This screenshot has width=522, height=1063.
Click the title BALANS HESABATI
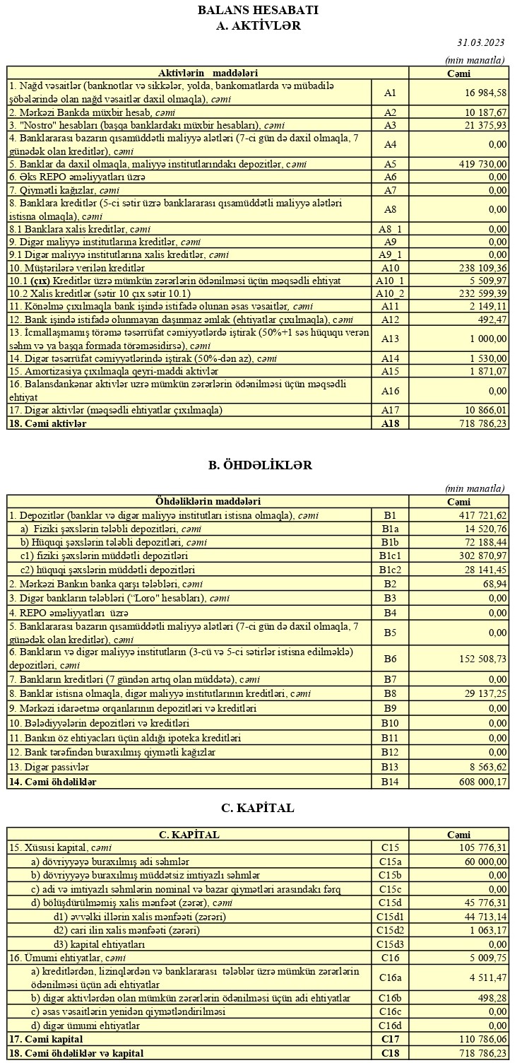click(258, 10)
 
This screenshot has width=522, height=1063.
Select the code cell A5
click(390, 164)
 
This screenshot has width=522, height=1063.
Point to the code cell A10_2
click(390, 293)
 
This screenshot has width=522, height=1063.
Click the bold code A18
click(390, 423)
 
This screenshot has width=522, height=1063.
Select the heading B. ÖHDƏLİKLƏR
click(260, 464)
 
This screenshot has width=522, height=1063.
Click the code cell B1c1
click(390, 556)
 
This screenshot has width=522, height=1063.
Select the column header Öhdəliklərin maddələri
click(208, 501)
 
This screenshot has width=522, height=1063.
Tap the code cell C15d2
click(390, 929)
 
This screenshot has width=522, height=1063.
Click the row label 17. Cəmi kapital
click(46, 1039)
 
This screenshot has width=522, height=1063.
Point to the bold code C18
click(390, 1053)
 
